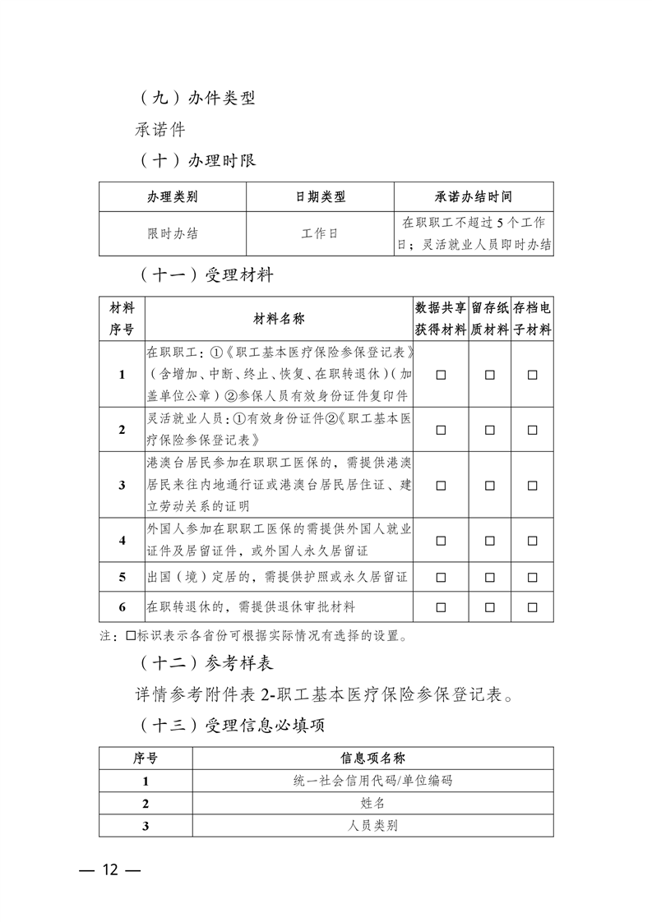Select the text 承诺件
coord(160,129)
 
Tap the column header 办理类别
coord(173,197)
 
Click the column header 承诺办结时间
coord(474,197)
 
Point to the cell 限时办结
coord(173,233)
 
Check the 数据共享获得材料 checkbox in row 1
coord(441,375)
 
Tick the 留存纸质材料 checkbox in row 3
coord(490,485)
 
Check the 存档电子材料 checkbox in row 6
coord(533,607)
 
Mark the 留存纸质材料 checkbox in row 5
coord(490,577)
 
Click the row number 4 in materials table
coord(122,540)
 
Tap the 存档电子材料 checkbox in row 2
coord(533,429)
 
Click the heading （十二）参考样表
coord(205,662)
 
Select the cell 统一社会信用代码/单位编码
coord(372,781)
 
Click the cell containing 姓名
coord(372,803)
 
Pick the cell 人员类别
coord(372,825)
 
